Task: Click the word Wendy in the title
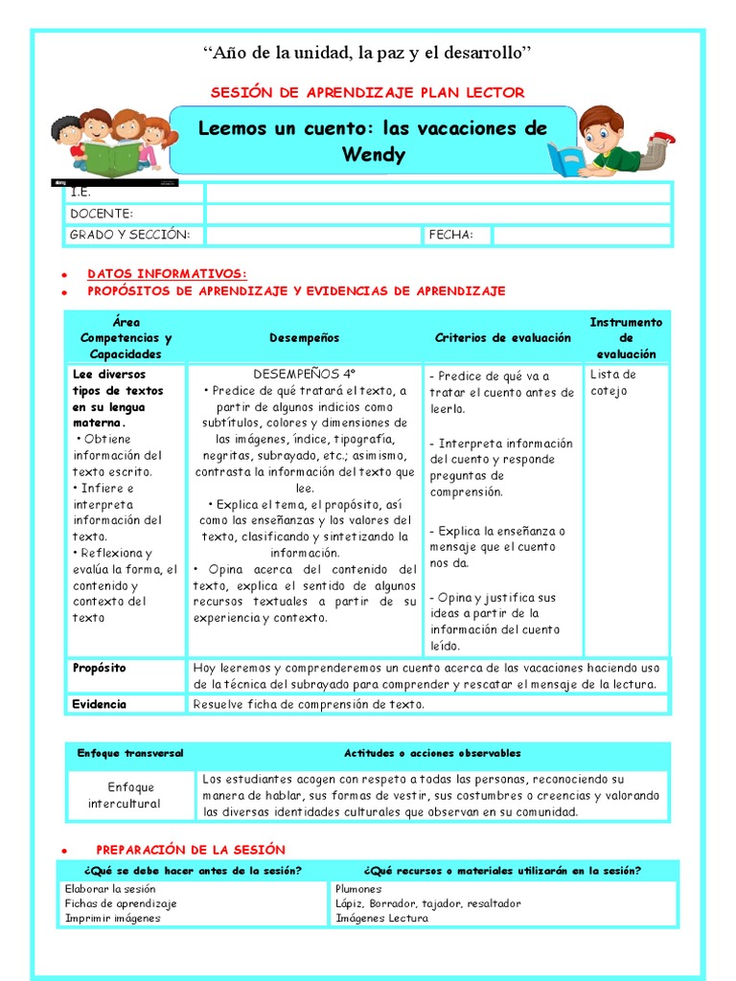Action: [x=373, y=154]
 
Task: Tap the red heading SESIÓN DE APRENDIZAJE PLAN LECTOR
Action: [x=367, y=92]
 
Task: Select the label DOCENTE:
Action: [x=102, y=214]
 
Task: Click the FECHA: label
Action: [x=450, y=235]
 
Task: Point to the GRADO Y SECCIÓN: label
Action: [x=129, y=235]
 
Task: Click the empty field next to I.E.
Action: [x=438, y=193]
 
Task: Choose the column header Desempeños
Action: [x=304, y=338]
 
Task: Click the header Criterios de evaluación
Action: [x=502, y=338]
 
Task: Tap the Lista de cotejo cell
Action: [x=612, y=382]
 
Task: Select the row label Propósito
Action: [x=99, y=668]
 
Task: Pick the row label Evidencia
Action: [x=100, y=704]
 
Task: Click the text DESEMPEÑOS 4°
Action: [x=305, y=374]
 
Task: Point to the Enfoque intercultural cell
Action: [x=130, y=795]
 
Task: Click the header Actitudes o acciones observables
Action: [x=432, y=754]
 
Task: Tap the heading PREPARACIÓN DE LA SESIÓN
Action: [x=190, y=850]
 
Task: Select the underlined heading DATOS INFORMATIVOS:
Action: [x=167, y=274]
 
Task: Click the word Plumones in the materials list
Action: [x=358, y=889]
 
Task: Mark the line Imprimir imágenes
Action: [x=112, y=918]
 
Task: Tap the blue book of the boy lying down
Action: [x=564, y=159]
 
